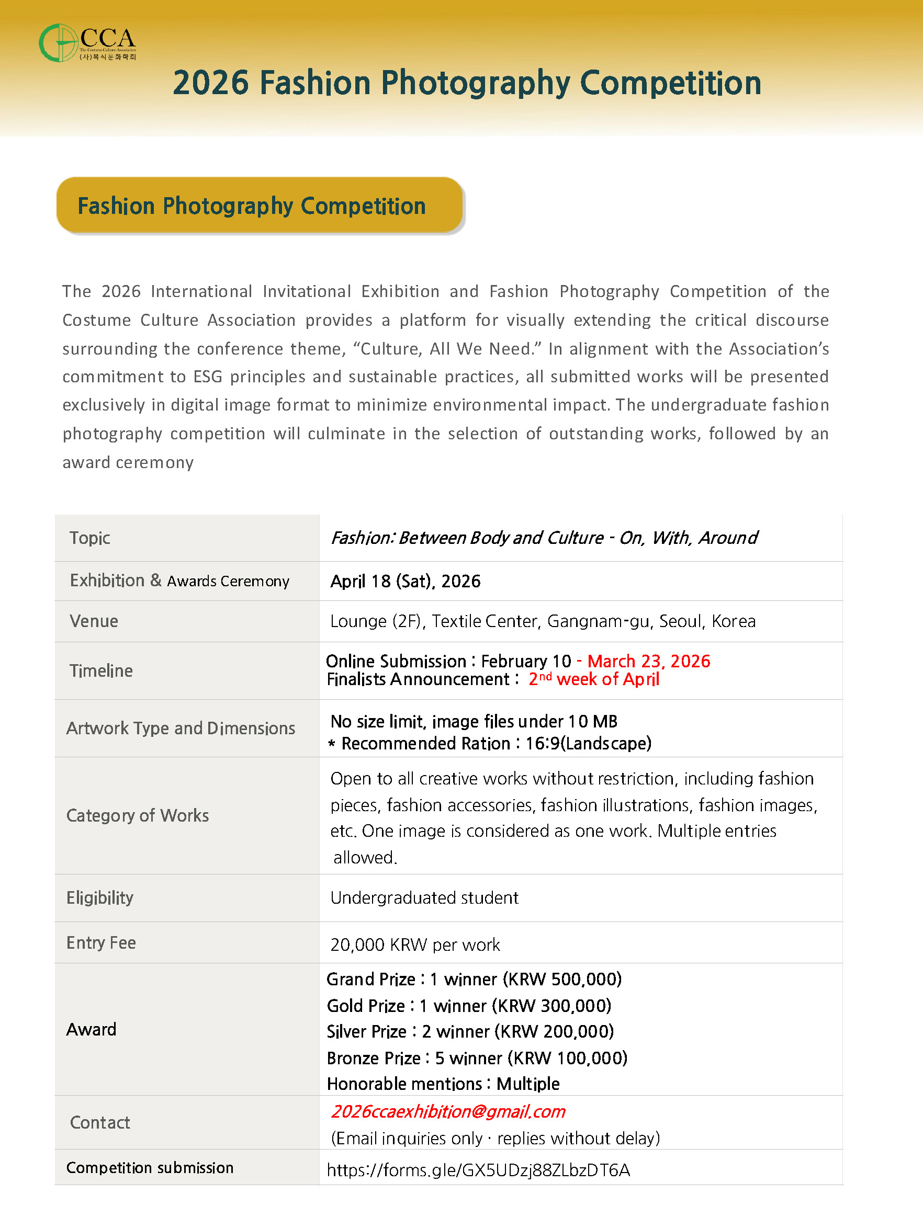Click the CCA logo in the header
click(x=87, y=43)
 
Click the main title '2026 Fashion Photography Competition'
click(x=467, y=83)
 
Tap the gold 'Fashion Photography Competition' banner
click(x=259, y=206)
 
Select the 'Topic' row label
click(x=89, y=538)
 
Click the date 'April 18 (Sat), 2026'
click(x=405, y=581)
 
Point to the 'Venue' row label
click(x=94, y=621)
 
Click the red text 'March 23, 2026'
click(x=648, y=661)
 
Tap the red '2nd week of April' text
click(x=593, y=679)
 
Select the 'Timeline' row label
click(x=101, y=670)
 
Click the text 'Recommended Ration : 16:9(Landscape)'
click(x=496, y=744)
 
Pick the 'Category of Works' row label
click(x=137, y=815)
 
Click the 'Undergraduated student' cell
click(x=424, y=898)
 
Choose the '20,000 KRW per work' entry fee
click(x=415, y=945)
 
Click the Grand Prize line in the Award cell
click(x=474, y=979)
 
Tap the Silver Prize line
click(x=470, y=1031)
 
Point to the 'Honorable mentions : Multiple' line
click(x=443, y=1084)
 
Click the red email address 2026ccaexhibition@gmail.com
click(x=448, y=1111)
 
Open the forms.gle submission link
click(x=478, y=1170)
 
